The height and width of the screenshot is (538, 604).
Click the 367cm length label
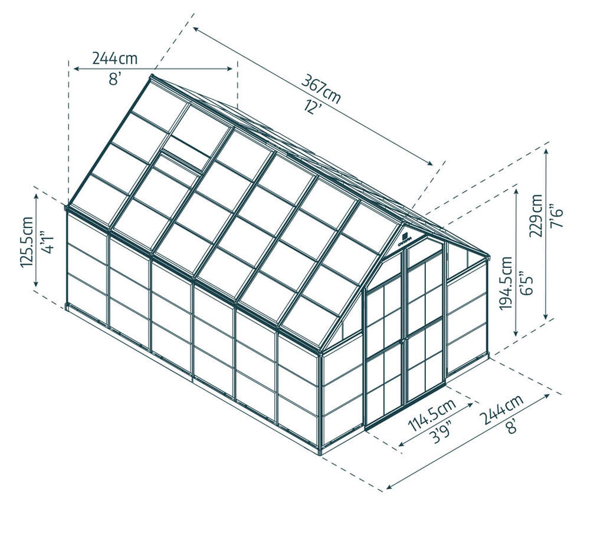(x=321, y=90)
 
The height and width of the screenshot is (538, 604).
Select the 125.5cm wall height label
(x=27, y=242)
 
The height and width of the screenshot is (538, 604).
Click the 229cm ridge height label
(x=536, y=216)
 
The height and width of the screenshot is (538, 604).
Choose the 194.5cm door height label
(x=505, y=283)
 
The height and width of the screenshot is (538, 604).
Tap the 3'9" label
(x=441, y=433)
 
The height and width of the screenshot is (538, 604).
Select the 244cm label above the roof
(x=114, y=58)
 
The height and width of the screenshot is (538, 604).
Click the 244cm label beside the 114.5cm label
(x=501, y=409)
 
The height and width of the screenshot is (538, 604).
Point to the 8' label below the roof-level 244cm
(x=115, y=80)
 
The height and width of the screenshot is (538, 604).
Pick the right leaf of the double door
(x=425, y=328)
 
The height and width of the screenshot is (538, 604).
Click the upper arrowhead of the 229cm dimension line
(x=546, y=153)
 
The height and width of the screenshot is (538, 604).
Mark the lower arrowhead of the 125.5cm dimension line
(x=36, y=284)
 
